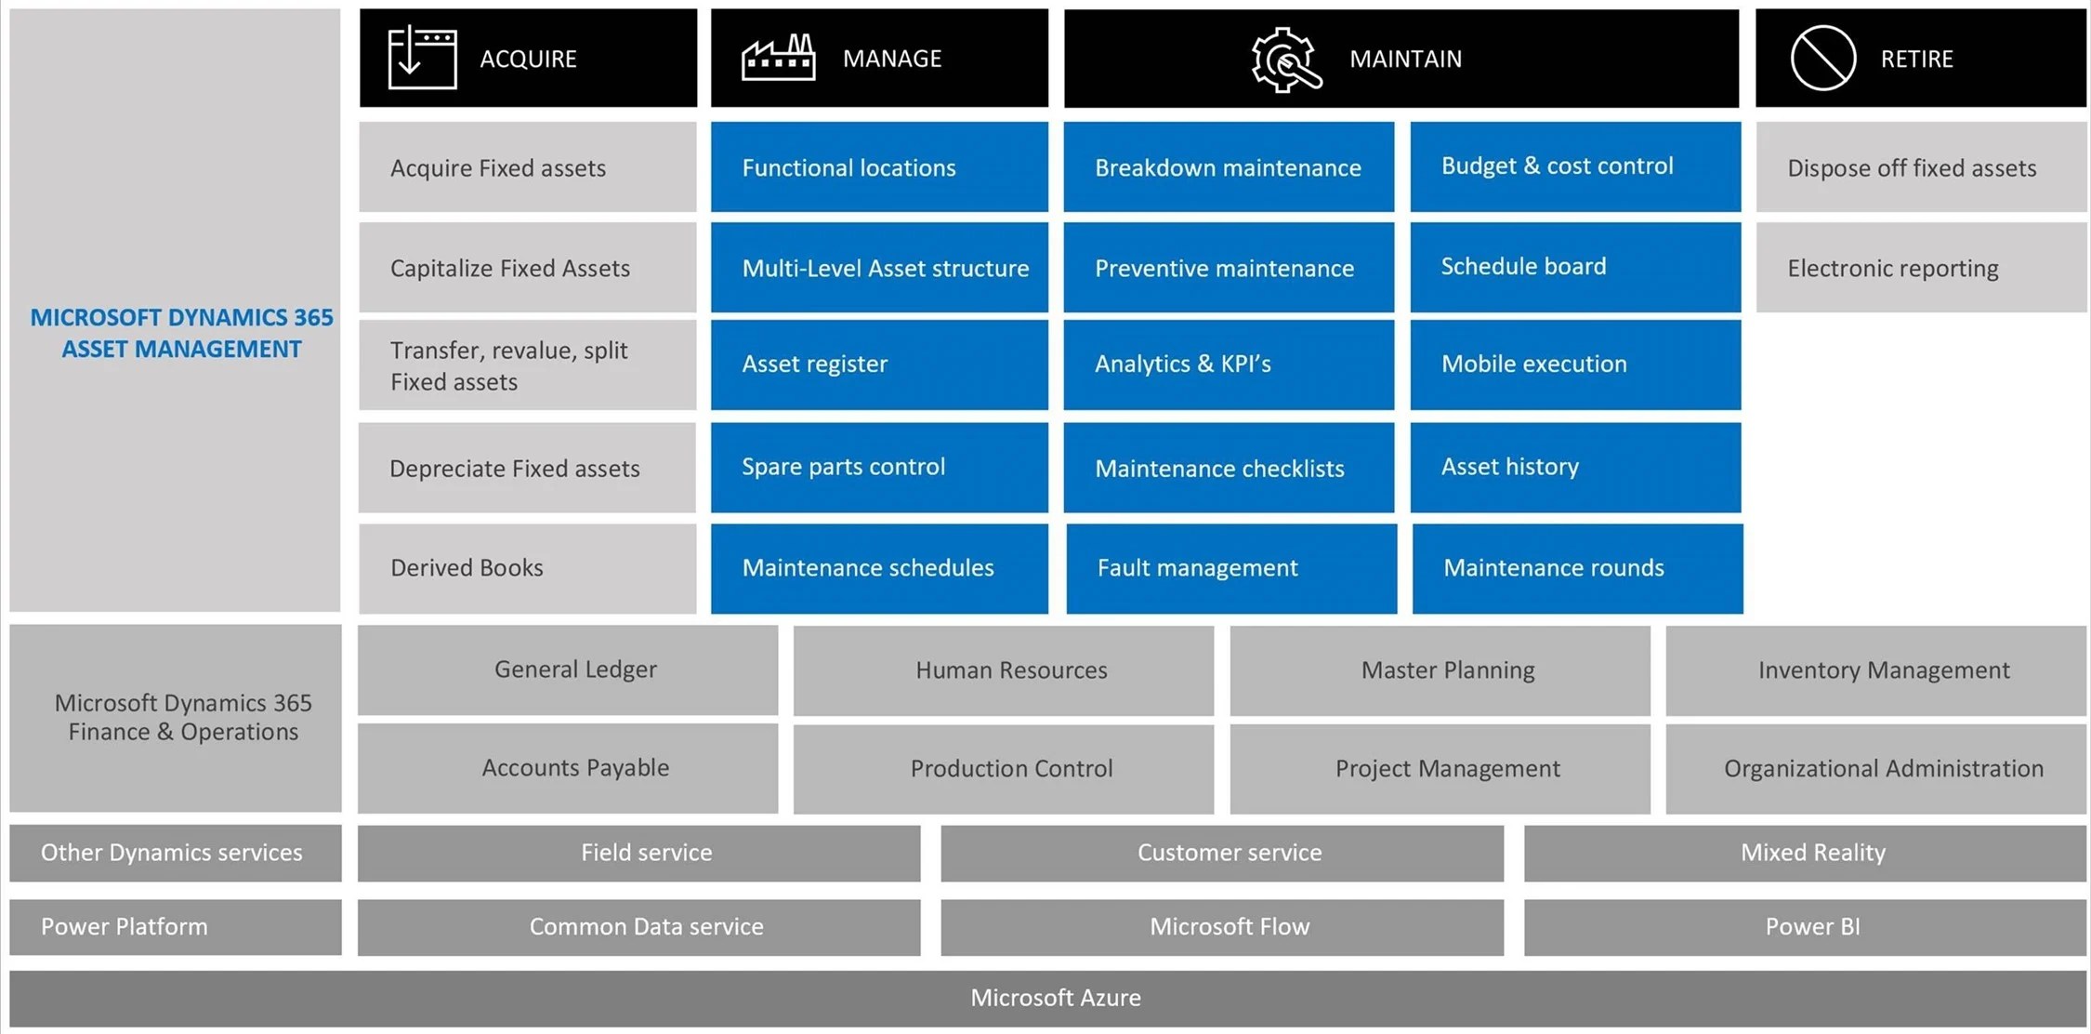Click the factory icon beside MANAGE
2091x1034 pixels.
pos(778,58)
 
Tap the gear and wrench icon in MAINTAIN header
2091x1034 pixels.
pos(1285,60)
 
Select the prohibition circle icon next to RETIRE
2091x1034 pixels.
pos(1822,58)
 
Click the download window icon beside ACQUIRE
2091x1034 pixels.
pos(422,58)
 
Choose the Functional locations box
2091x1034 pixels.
pos(878,167)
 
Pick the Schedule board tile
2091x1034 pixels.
pos(1574,267)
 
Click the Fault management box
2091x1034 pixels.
pos(1230,568)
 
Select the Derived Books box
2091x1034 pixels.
pos(527,568)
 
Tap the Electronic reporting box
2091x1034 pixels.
pos(1920,268)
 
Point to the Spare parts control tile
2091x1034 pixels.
pos(878,467)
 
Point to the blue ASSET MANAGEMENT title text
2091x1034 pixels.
pos(181,349)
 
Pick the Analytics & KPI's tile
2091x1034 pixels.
pos(1228,365)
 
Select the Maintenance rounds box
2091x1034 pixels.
pos(1576,568)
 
